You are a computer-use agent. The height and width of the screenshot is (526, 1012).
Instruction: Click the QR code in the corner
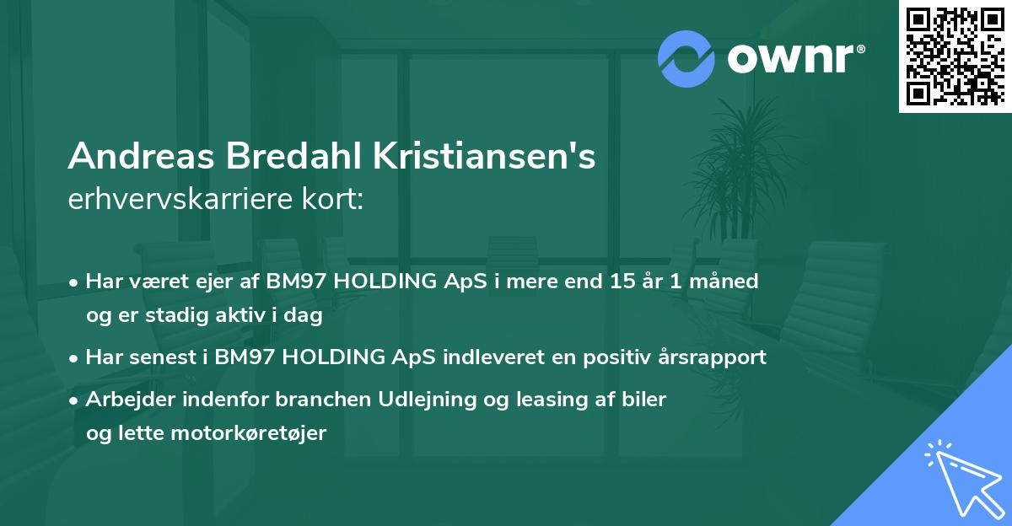[955, 56]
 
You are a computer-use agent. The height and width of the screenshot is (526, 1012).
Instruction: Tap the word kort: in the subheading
[336, 199]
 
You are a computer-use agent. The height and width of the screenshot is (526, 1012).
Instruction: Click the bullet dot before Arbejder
[75, 400]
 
